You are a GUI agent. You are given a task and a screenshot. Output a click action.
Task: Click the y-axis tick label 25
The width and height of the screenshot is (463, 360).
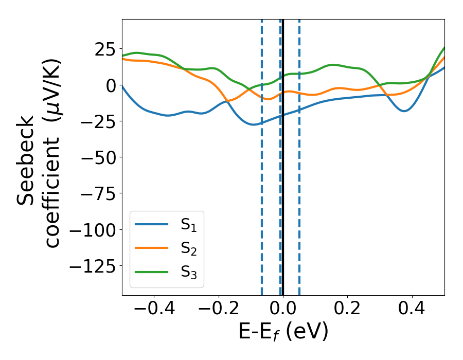click(x=101, y=49)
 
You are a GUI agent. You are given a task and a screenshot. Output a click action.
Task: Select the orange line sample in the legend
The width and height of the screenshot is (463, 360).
click(x=152, y=248)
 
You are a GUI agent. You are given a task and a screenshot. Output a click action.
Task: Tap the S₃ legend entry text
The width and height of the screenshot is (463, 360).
click(x=188, y=273)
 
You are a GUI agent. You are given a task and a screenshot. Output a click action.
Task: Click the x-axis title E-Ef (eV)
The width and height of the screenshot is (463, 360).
click(x=283, y=332)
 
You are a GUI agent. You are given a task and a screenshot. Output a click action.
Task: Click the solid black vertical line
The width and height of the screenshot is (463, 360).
click(x=283, y=180)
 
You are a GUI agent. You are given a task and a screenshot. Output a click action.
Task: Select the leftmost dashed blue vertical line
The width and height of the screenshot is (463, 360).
click(x=262, y=180)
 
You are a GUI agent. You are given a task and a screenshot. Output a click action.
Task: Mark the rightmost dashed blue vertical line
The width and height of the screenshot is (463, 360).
click(x=299, y=180)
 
